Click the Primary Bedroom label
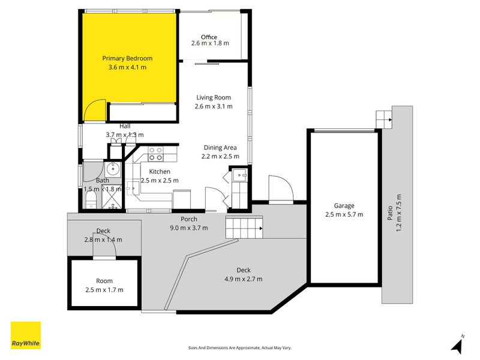click(127, 58)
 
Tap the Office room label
click(209, 37)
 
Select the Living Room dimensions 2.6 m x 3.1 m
click(213, 106)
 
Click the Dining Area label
click(220, 148)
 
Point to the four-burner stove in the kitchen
click(155, 158)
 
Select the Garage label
click(344, 205)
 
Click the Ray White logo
click(26, 335)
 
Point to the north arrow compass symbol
click(458, 345)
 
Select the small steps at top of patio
click(383, 119)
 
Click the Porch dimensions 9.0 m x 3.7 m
click(189, 227)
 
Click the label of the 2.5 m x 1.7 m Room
click(104, 281)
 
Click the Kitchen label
click(160, 172)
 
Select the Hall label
click(125, 126)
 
